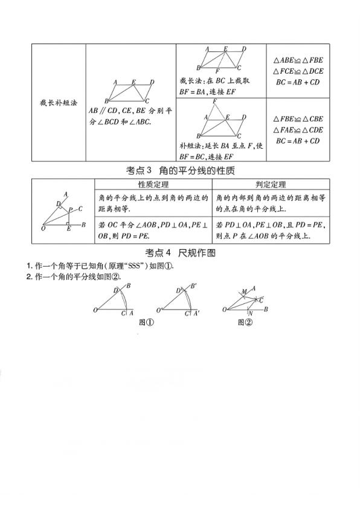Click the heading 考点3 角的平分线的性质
click(x=179, y=170)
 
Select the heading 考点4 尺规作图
click(x=181, y=253)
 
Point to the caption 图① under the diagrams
click(x=147, y=322)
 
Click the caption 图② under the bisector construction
click(x=245, y=322)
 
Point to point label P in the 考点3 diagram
click(x=70, y=210)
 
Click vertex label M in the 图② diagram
click(x=243, y=291)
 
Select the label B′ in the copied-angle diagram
click(x=193, y=286)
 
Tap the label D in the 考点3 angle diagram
click(x=59, y=204)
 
